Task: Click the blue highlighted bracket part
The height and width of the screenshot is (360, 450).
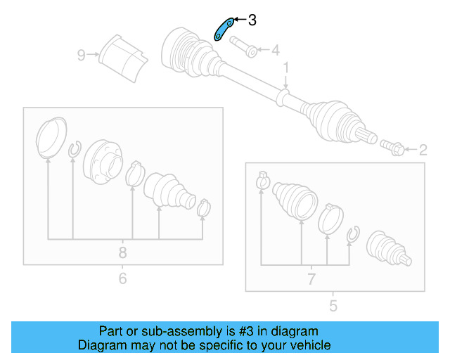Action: tap(224, 30)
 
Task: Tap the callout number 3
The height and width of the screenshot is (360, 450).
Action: tap(252, 20)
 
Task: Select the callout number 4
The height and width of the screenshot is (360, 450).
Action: tap(276, 50)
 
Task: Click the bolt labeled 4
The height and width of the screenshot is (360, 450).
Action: tap(243, 47)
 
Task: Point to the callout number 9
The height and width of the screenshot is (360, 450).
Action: tap(82, 55)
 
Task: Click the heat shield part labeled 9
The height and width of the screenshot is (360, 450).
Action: tap(124, 58)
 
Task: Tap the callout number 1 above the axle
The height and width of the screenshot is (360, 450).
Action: tap(286, 68)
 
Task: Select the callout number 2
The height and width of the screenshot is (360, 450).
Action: tap(423, 150)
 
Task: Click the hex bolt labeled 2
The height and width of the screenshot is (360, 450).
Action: tap(392, 148)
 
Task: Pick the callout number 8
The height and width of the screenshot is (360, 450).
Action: tap(122, 252)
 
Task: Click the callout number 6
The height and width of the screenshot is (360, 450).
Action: tap(122, 278)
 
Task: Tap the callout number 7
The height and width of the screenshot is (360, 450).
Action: tap(311, 279)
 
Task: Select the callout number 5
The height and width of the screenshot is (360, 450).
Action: tap(333, 306)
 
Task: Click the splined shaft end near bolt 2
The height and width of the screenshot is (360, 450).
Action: tap(366, 136)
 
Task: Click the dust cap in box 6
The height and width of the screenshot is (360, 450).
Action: tap(51, 138)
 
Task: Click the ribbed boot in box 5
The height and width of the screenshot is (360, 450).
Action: tap(295, 200)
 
